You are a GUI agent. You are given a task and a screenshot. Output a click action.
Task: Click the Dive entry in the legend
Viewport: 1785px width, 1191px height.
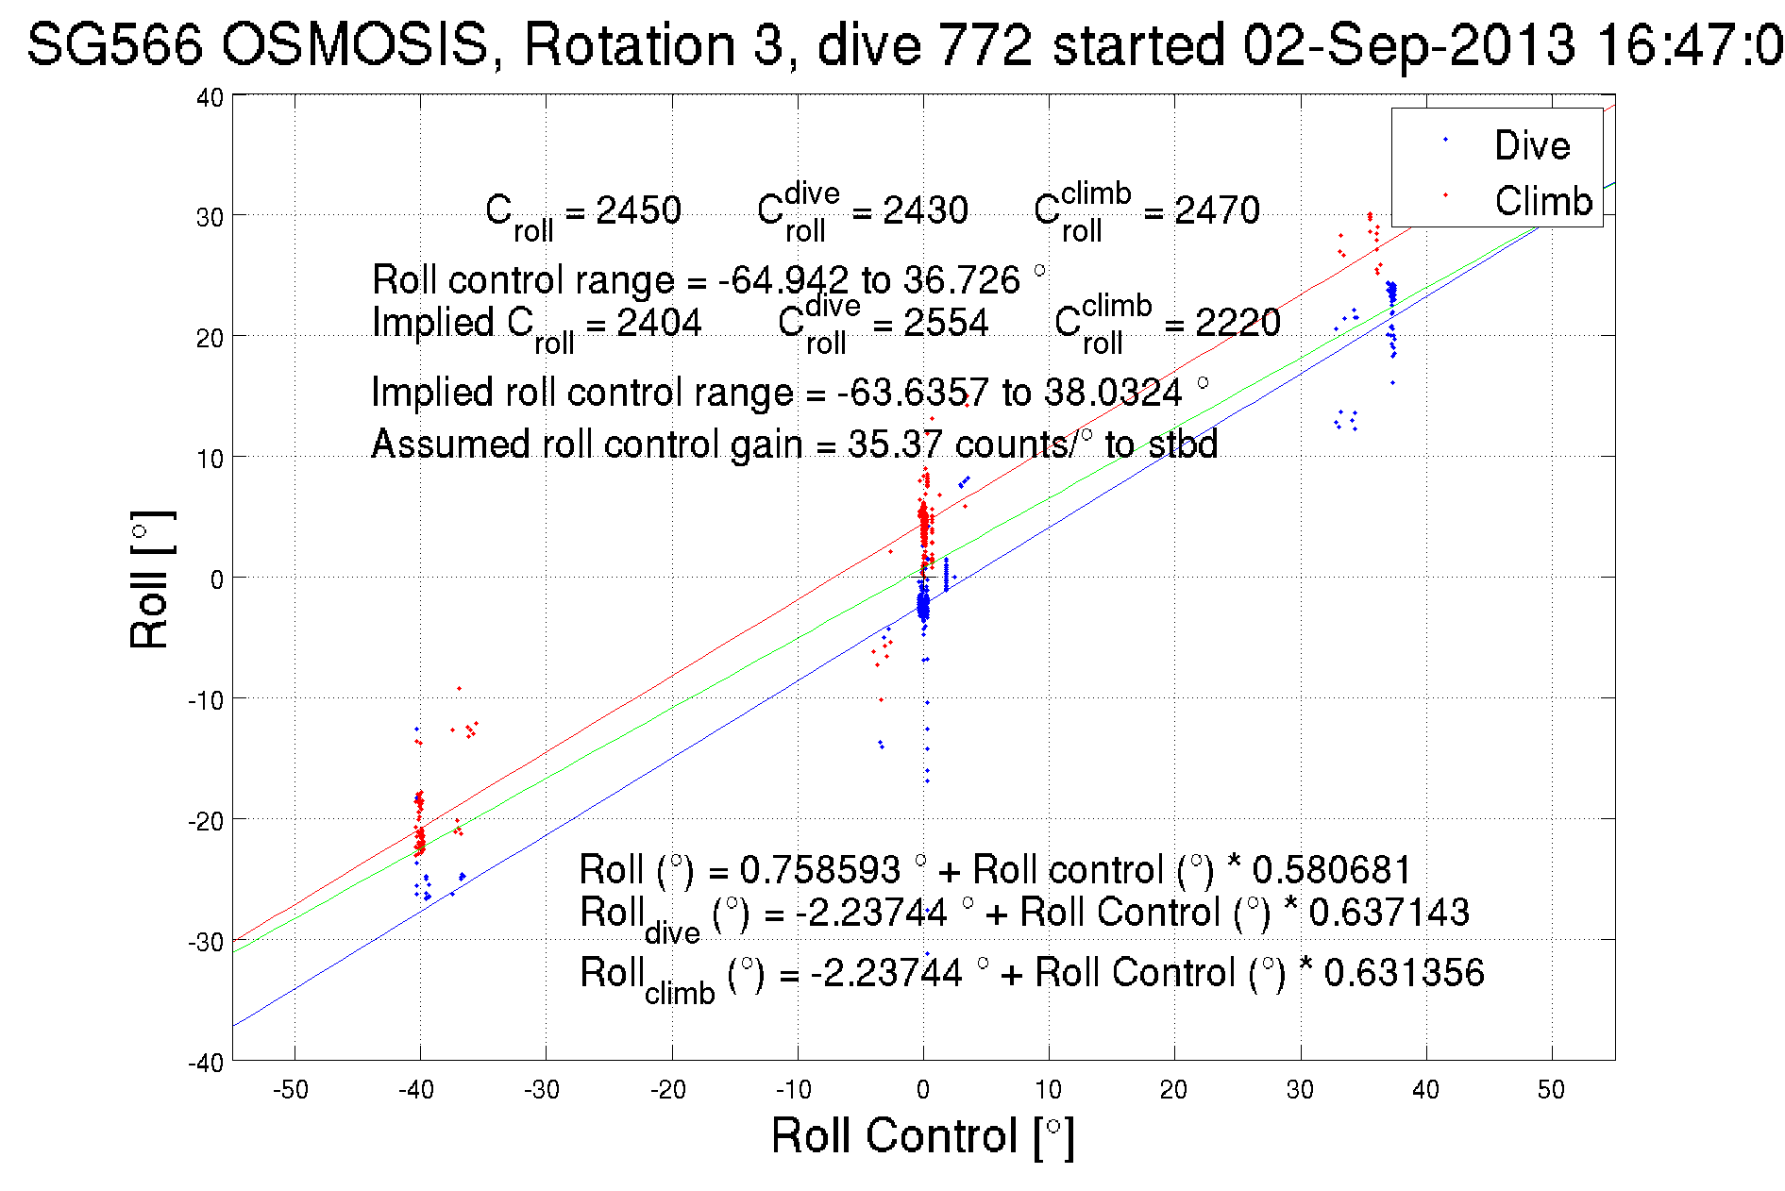tap(1531, 145)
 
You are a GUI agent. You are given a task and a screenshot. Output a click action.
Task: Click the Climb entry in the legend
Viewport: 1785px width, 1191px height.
tap(1542, 201)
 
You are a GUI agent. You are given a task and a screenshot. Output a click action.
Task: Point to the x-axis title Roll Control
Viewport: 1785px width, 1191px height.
tap(922, 1135)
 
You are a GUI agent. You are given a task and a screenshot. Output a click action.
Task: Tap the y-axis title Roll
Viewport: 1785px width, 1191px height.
tap(151, 580)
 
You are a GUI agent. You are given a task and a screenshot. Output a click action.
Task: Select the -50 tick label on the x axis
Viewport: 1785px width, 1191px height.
tap(291, 1090)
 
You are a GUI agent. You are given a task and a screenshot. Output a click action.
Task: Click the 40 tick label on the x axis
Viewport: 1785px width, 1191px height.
tap(1425, 1090)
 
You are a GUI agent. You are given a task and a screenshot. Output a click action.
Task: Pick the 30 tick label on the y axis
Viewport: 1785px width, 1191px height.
tap(210, 216)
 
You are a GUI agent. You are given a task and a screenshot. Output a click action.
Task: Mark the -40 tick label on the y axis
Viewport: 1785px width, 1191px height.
tap(206, 1062)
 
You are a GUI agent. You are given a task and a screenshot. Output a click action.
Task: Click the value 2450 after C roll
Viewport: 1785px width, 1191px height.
tap(638, 210)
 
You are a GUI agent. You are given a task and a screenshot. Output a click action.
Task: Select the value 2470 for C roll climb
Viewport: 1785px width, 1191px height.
tap(1217, 210)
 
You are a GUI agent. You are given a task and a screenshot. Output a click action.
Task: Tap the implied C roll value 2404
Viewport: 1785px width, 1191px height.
tap(659, 323)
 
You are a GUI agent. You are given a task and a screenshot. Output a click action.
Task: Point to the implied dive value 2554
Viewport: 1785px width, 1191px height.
tap(946, 323)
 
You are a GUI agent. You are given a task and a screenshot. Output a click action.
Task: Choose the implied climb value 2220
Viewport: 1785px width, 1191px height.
tap(1238, 323)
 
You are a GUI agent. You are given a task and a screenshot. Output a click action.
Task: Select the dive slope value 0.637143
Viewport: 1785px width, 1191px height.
tap(1389, 913)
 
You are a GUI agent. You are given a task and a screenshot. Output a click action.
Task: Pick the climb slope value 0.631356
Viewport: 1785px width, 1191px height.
tap(1404, 973)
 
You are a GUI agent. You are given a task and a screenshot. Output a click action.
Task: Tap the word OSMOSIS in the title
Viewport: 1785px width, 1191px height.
tap(356, 44)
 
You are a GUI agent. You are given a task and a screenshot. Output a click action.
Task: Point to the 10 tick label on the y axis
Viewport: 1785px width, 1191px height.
tap(210, 458)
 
